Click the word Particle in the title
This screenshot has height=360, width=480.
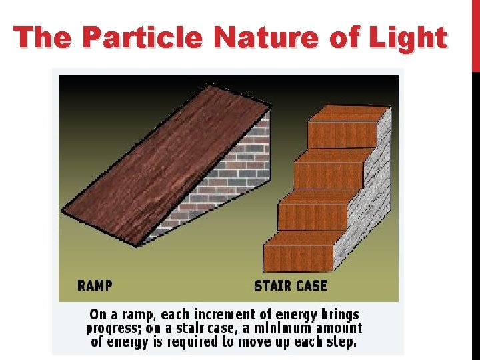coord(140,37)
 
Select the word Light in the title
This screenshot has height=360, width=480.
coord(409,37)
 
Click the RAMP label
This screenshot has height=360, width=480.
coord(95,285)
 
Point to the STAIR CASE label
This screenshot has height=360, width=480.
coord(291,285)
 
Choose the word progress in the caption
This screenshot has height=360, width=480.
coord(112,329)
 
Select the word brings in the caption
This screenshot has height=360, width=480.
coord(337,315)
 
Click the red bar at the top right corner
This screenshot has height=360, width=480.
coord(475,33)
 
